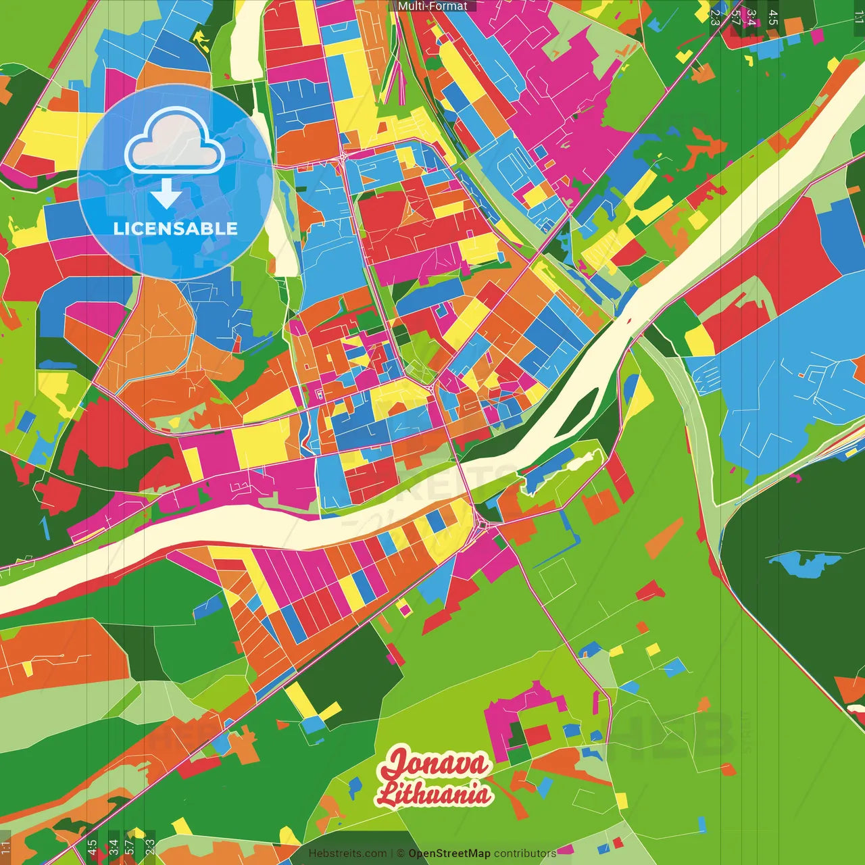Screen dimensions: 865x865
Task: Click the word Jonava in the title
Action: click(436, 764)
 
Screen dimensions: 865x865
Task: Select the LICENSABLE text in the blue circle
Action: click(176, 228)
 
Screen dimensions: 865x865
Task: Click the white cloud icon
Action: click(174, 143)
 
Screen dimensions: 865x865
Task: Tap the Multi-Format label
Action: click(432, 6)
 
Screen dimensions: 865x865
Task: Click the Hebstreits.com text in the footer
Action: click(347, 854)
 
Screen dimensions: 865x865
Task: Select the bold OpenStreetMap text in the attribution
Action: click(449, 854)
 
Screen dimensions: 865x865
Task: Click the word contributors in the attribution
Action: click(525, 854)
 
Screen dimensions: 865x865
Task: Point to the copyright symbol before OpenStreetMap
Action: click(400, 854)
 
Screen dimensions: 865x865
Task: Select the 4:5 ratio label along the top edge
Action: click(773, 18)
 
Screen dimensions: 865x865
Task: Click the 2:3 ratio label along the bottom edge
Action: click(150, 846)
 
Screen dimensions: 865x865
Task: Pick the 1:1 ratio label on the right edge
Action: click(858, 18)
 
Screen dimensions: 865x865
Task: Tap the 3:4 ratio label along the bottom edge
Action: click(114, 846)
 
